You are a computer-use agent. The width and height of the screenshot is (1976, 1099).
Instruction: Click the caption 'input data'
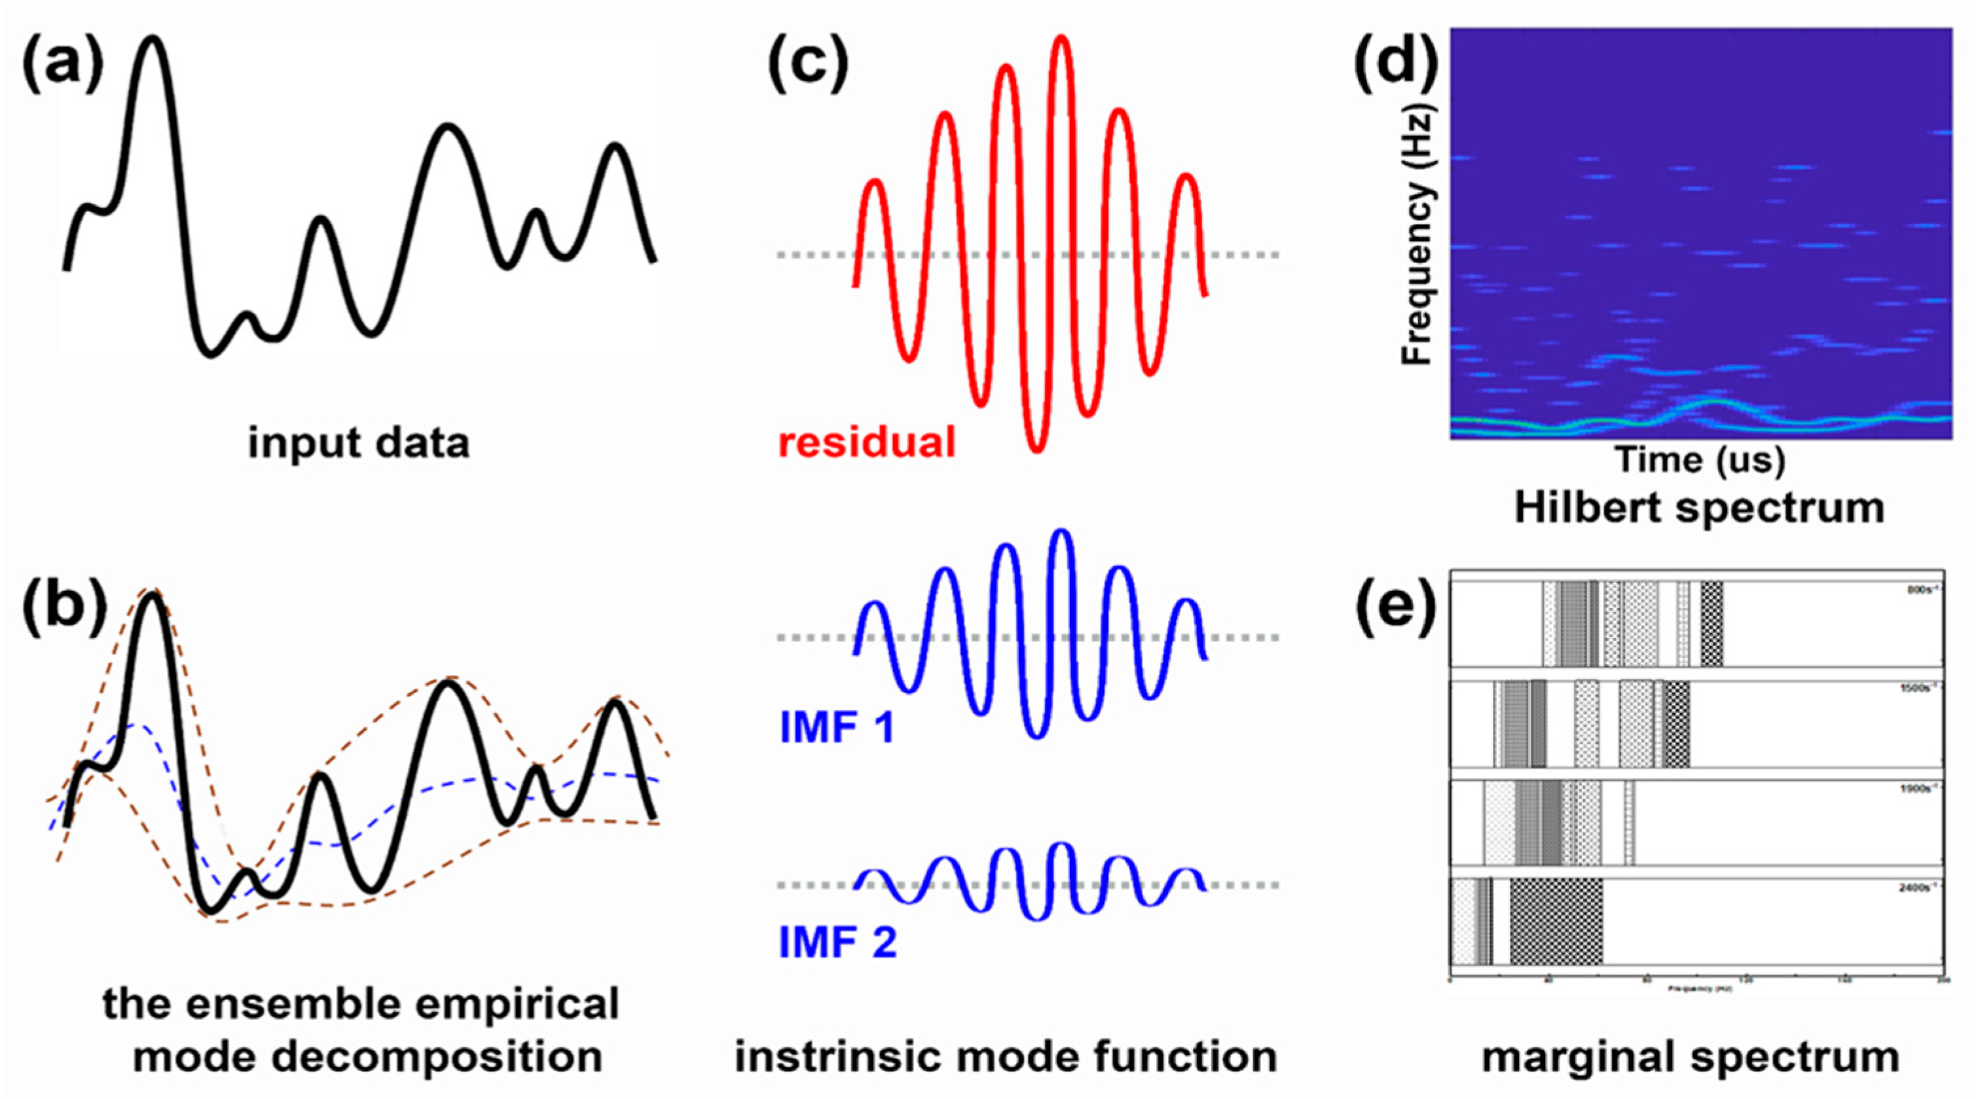click(358, 443)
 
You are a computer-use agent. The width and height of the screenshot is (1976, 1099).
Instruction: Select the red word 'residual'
click(867, 442)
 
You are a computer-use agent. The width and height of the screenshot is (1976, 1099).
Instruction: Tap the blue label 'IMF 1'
click(837, 727)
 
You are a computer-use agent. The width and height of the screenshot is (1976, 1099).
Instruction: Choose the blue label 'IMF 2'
click(837, 941)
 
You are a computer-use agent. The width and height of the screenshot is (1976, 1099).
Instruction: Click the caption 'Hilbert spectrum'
click(1699, 508)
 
